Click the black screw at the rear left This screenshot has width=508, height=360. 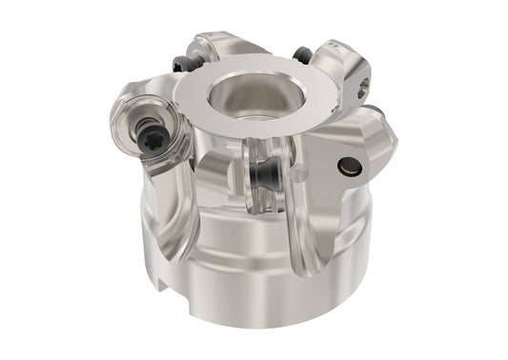point(182,65)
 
